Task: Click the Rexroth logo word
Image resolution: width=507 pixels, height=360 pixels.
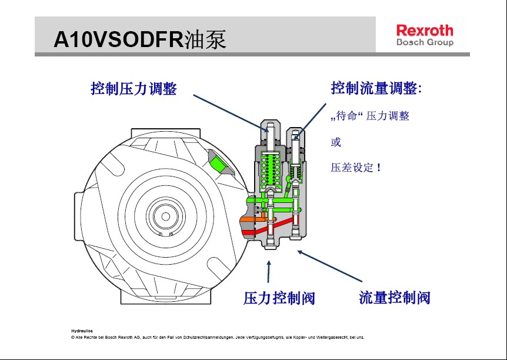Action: coord(424,30)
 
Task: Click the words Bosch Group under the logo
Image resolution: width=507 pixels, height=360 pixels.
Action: coord(424,43)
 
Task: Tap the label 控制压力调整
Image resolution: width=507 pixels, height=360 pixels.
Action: coord(134,89)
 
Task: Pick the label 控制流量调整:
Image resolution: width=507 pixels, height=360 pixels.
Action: coord(376,89)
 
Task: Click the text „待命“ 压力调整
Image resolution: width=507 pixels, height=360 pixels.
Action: coord(370,116)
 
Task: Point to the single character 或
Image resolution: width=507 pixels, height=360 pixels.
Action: coord(336,142)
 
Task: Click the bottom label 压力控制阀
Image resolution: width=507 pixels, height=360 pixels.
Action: coord(279,298)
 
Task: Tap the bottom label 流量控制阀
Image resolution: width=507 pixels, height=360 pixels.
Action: coord(395,298)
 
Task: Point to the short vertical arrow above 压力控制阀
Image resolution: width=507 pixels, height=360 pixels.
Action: coord(269,271)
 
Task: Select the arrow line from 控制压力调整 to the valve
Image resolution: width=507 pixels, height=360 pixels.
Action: coord(229,112)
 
